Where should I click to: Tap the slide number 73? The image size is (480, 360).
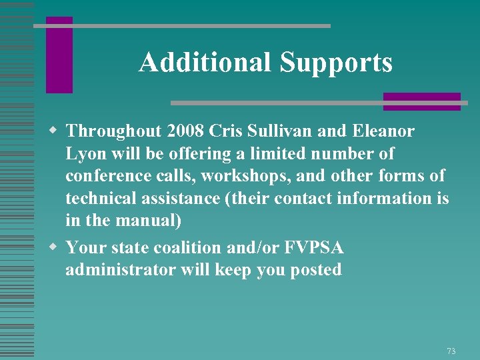click(x=451, y=351)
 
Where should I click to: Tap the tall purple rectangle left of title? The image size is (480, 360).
click(x=59, y=55)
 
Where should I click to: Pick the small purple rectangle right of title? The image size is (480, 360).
click(x=421, y=101)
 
